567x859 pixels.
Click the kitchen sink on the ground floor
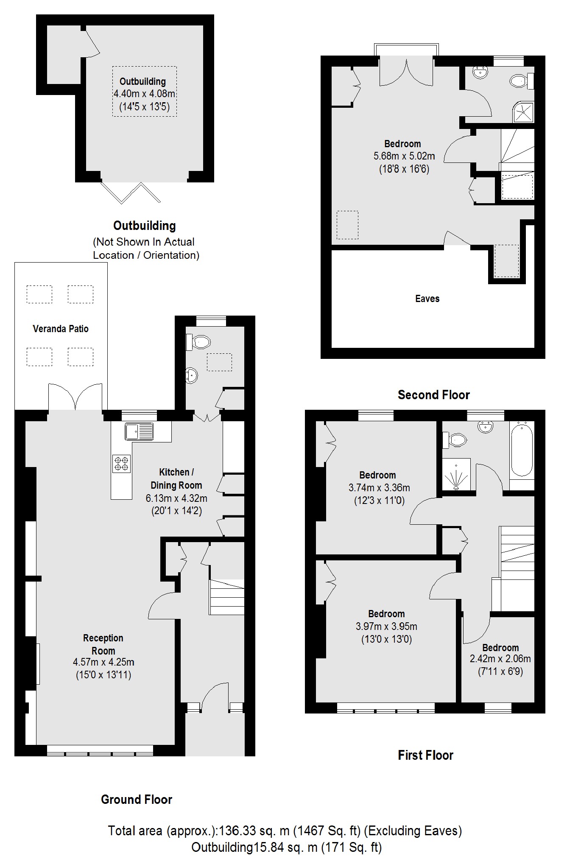(139, 431)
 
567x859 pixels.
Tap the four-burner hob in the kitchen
(121, 464)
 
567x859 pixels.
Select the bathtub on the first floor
(522, 450)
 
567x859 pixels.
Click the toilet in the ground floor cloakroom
(199, 342)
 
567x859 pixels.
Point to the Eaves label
(427, 299)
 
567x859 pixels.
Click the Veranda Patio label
(61, 329)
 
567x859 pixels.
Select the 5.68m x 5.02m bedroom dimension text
(404, 156)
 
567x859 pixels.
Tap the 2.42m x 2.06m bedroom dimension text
(500, 659)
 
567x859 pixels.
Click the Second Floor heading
(433, 395)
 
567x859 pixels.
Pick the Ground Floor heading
(137, 800)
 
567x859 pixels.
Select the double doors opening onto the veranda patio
(75, 397)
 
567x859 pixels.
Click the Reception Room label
(103, 644)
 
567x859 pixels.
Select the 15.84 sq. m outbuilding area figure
(285, 847)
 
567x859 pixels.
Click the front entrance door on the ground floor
(215, 696)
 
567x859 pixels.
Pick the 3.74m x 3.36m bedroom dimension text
(379, 488)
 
